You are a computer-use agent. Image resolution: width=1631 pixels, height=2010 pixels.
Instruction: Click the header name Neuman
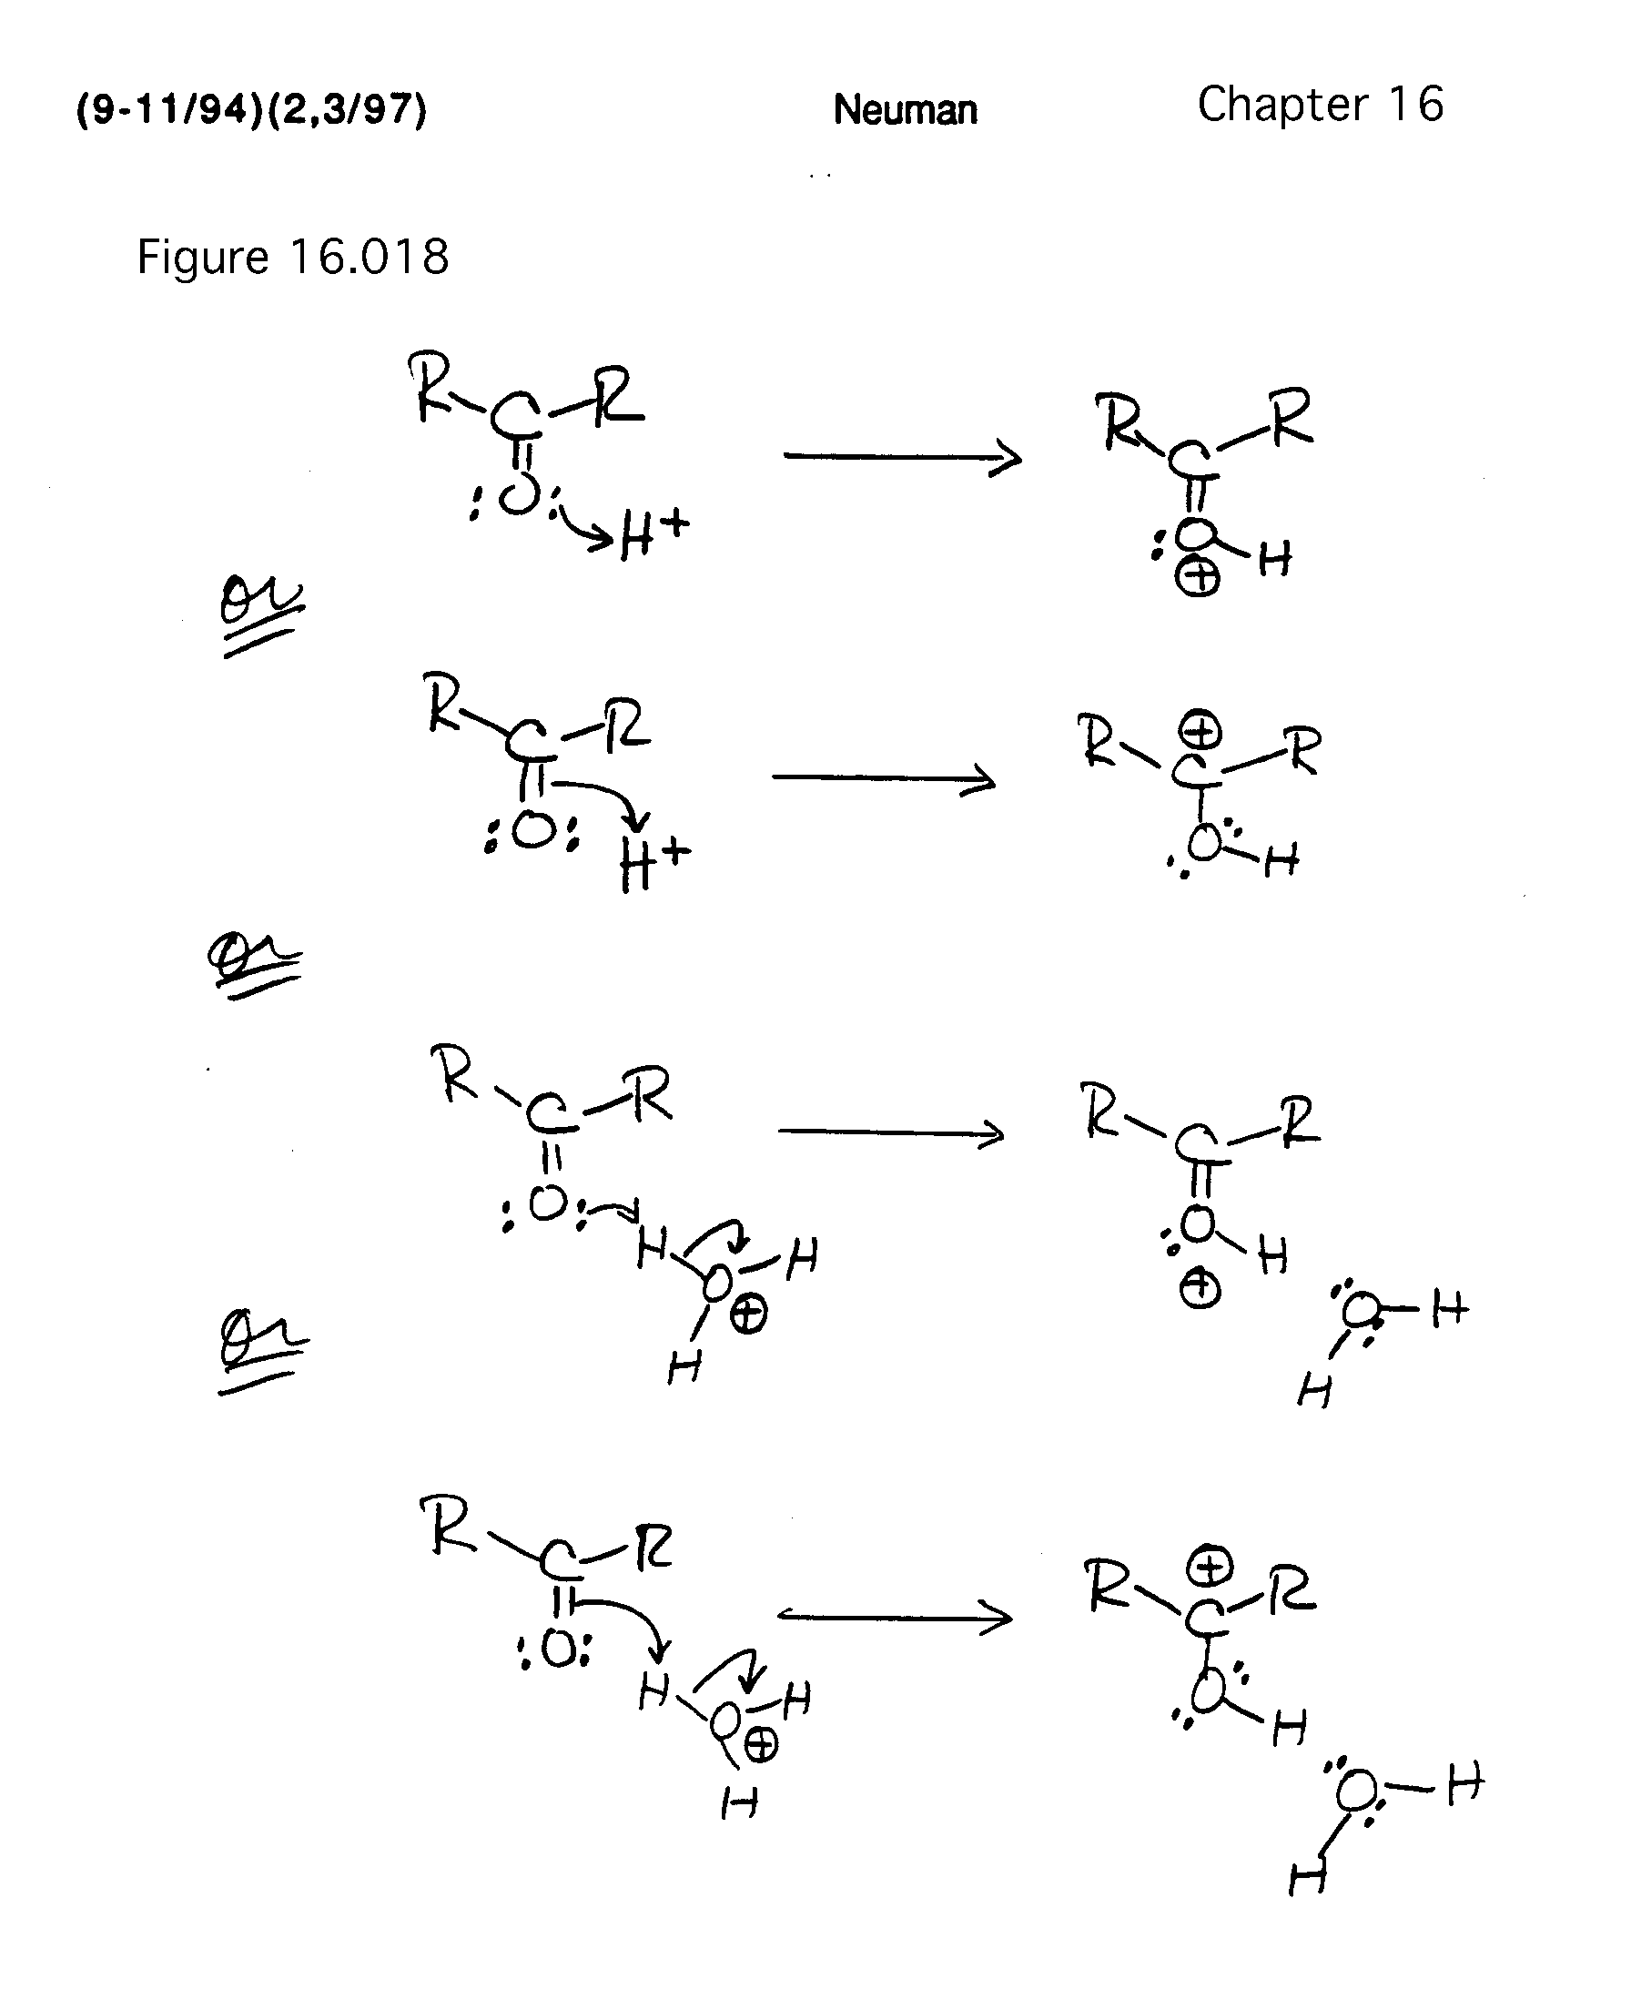click(905, 110)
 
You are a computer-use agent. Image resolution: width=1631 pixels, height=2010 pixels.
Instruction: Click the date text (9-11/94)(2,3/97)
click(251, 109)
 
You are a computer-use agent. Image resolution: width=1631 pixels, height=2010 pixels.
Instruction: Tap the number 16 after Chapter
click(1417, 105)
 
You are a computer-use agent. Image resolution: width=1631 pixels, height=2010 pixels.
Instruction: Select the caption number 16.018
click(370, 257)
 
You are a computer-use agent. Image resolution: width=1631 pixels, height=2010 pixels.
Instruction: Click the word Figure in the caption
click(203, 257)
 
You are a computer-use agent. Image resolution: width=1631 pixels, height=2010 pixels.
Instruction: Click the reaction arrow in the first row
click(902, 458)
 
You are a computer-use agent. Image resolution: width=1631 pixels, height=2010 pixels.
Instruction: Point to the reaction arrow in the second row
click(883, 778)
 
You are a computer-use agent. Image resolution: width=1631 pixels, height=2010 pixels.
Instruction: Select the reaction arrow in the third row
click(891, 1132)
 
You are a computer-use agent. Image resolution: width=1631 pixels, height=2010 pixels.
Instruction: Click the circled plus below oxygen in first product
click(1198, 577)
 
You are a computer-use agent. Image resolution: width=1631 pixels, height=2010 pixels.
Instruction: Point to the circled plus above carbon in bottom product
click(1210, 1567)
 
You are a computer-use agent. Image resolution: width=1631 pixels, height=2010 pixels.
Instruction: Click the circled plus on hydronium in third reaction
click(748, 1315)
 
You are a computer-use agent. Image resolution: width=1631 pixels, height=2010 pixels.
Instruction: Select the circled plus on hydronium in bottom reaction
click(760, 1746)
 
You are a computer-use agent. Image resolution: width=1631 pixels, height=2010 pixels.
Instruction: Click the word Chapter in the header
click(1282, 105)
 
